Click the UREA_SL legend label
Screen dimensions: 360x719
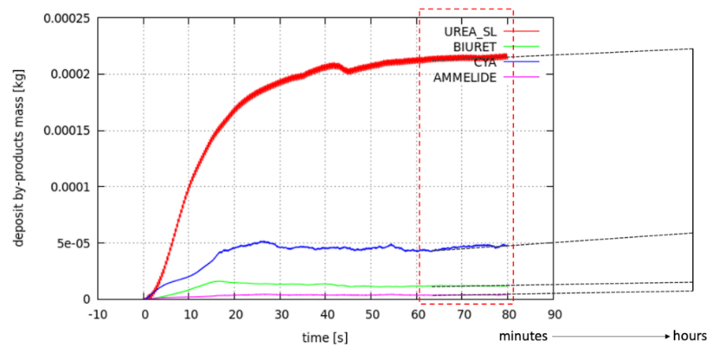click(x=469, y=31)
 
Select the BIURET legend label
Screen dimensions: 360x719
click(x=476, y=47)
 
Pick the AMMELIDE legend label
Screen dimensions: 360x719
click(x=466, y=77)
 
